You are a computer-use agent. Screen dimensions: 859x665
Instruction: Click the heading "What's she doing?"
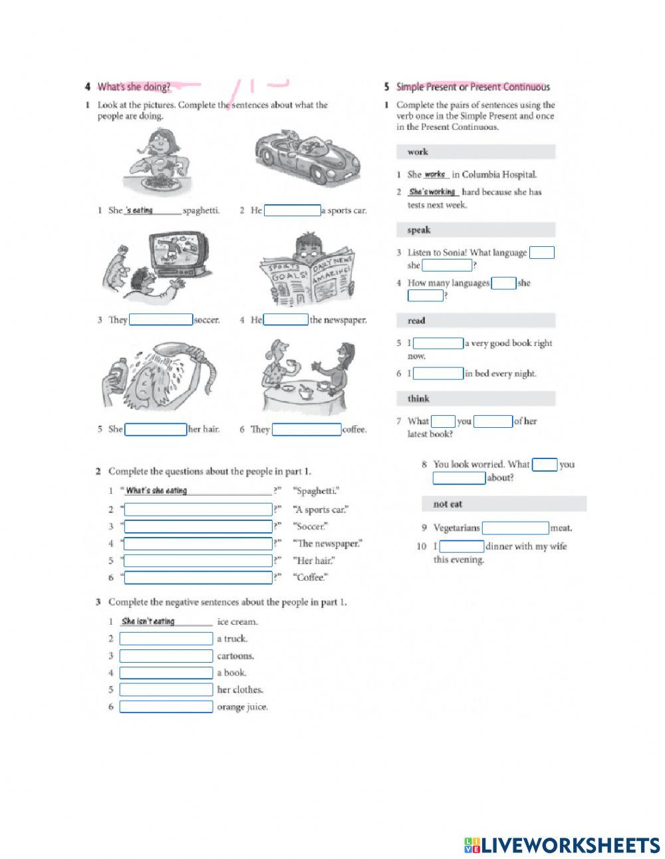(x=134, y=86)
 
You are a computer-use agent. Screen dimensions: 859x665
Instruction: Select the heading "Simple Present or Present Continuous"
(x=473, y=86)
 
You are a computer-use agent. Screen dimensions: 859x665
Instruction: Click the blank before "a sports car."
(x=292, y=211)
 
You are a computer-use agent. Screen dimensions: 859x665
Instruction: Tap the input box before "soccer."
(x=161, y=320)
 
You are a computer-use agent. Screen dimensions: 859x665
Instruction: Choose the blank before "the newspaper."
(x=286, y=320)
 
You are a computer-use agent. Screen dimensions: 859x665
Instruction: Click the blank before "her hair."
(x=156, y=430)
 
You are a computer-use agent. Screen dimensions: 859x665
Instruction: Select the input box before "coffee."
(x=307, y=430)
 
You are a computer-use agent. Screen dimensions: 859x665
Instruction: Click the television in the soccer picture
(x=176, y=253)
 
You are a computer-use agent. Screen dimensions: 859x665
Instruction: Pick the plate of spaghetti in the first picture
(x=158, y=182)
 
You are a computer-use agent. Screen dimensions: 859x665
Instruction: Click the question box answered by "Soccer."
(x=198, y=527)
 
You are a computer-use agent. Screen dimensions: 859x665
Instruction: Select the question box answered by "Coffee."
(x=198, y=578)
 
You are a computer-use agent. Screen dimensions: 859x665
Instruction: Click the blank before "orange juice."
(x=166, y=707)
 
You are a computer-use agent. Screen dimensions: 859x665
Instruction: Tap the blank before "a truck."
(x=166, y=639)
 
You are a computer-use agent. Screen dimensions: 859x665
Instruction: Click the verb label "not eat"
(x=448, y=504)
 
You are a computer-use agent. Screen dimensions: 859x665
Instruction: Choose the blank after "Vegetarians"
(x=515, y=528)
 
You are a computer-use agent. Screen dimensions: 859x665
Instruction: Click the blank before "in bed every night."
(x=438, y=374)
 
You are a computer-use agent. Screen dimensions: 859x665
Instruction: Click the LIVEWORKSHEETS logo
(x=562, y=845)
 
